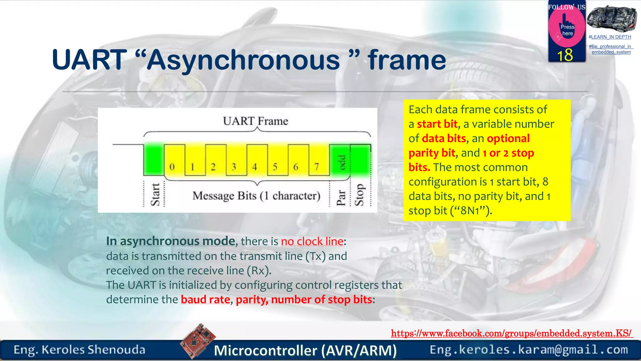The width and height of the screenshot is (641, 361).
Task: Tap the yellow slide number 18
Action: point(565,55)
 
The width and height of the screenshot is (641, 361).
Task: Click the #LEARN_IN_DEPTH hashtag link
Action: point(610,37)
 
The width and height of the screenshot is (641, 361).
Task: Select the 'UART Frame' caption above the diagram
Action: point(255,121)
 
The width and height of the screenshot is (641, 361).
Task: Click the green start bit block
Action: point(154,159)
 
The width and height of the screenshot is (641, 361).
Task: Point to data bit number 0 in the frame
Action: point(172,166)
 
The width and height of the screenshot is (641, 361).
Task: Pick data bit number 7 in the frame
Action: point(316,166)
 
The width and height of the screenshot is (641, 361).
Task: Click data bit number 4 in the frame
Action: point(254,166)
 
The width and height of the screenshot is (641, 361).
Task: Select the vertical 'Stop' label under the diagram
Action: point(359,195)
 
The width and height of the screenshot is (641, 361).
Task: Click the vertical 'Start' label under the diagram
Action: point(155,194)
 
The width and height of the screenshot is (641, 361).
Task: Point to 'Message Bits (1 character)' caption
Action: point(256,196)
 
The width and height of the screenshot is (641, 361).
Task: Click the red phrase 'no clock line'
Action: point(312,241)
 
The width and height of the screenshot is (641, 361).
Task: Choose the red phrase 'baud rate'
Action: point(205,300)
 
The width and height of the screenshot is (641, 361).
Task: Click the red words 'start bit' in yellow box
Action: point(437,124)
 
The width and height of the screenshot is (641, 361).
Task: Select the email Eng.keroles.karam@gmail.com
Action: point(529,349)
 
